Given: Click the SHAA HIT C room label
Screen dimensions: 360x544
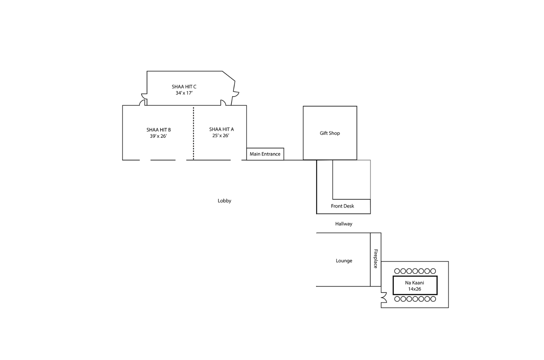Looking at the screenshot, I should tap(184, 87).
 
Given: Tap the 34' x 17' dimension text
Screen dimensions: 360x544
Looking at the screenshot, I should tap(184, 93).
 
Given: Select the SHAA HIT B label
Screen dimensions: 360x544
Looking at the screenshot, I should tap(158, 130).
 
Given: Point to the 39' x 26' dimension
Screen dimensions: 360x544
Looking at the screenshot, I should tap(158, 136).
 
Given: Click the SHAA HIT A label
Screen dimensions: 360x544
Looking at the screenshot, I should tap(221, 129).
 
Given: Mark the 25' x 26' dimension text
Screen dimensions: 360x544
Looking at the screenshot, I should tap(221, 135).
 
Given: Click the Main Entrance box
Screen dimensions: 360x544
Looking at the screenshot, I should tap(265, 154).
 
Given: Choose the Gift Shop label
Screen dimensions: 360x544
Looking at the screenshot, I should tap(330, 133).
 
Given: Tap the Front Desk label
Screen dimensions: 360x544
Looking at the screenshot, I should tap(342, 206).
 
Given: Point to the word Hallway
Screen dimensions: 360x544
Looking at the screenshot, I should tap(344, 224).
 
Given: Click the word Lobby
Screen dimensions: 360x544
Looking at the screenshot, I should tap(224, 201).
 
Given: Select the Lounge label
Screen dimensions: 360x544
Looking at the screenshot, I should tap(344, 261).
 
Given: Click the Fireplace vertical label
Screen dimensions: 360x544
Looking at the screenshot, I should tap(376, 259).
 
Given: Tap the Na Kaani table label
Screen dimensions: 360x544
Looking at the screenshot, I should tap(414, 283).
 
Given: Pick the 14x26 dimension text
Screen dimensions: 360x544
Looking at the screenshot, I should tap(414, 289).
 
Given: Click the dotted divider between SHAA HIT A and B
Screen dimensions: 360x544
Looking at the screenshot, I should tap(193, 133).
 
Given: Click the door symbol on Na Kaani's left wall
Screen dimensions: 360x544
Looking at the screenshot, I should tap(384, 297).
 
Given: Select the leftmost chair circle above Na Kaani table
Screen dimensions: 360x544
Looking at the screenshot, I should tap(397, 271).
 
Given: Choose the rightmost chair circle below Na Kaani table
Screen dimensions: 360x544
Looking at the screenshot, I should tap(433, 299).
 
